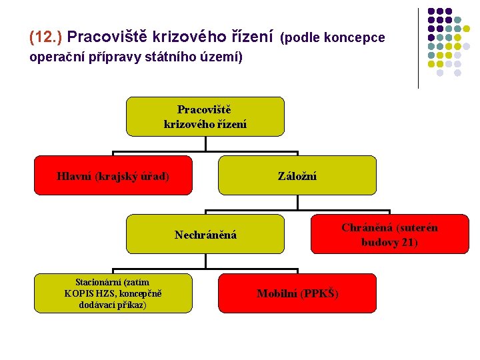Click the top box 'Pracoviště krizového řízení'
[205, 117]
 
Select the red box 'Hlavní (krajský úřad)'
[113, 176]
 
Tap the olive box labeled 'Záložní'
[297, 176]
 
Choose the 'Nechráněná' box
[205, 235]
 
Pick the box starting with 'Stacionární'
[113, 293]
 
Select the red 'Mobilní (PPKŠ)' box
[297, 293]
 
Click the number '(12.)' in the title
[46, 35]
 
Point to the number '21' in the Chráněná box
[408, 242]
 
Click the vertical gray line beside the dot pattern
[418, 48]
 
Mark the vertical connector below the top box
[205, 143]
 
